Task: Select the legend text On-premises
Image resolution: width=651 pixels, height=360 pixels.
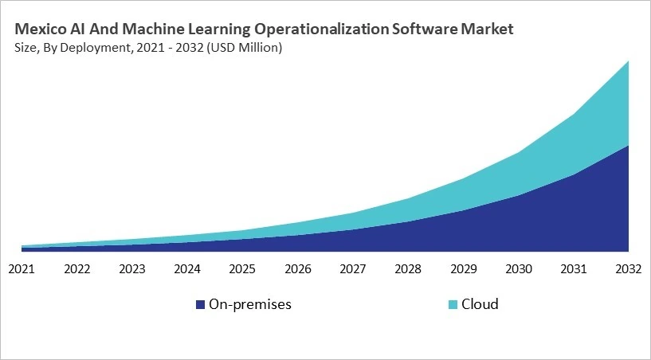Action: [249, 304]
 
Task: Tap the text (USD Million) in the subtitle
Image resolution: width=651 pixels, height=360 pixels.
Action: [244, 48]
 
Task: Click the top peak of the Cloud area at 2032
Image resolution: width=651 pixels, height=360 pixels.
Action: [628, 62]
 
